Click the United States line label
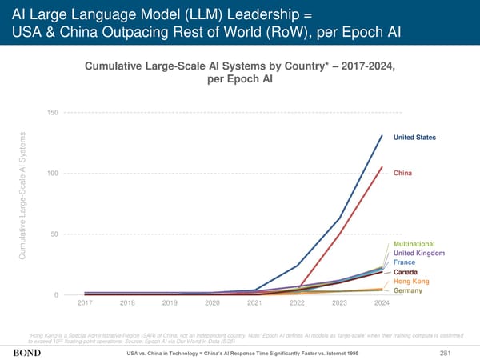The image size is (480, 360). tap(414, 138)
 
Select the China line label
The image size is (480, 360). tap(403, 173)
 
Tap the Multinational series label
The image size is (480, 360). tap(414, 243)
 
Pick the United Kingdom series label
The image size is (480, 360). tap(419, 253)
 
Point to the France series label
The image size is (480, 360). tap(404, 262)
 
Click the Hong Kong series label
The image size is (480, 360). tap(411, 282)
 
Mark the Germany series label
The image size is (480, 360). tap(408, 290)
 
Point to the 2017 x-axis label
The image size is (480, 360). tap(85, 303)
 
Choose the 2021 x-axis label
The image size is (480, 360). tap(254, 303)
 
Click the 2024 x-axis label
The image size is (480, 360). tap(382, 303)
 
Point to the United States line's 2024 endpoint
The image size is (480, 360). tap(382, 135)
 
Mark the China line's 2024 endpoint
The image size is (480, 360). tap(382, 168)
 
